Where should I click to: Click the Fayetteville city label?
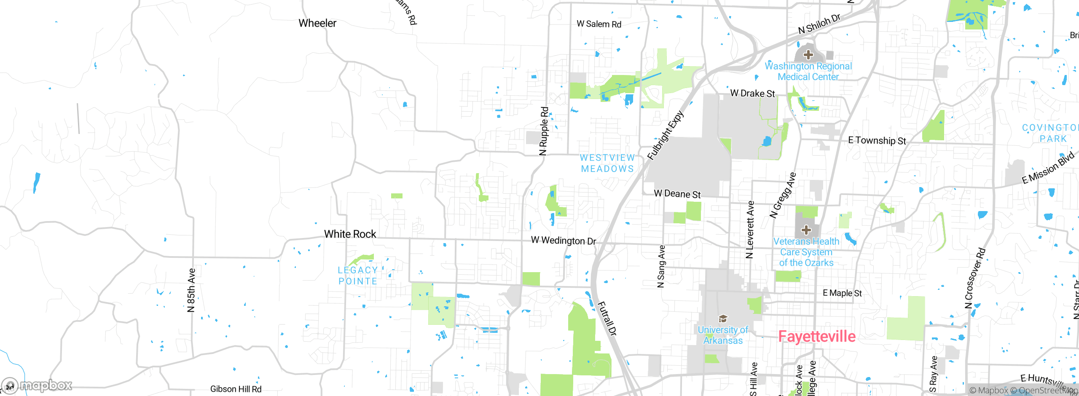tap(816, 336)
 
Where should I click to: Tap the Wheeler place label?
tap(317, 23)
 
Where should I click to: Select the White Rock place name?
tap(350, 234)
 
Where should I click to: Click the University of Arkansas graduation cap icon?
tap(723, 318)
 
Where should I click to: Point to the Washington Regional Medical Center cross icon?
tap(808, 55)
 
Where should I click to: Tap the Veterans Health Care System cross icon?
tap(806, 230)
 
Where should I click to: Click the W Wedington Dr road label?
tap(563, 241)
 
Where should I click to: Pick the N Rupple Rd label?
tap(544, 131)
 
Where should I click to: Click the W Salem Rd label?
tap(599, 24)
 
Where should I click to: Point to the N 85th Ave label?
tap(191, 290)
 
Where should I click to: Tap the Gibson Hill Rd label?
tap(236, 389)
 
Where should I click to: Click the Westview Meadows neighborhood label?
tap(607, 163)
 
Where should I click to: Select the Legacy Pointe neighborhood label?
tap(358, 276)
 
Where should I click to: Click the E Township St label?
tap(877, 141)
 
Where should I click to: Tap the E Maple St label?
tap(842, 293)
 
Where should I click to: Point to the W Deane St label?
tap(677, 194)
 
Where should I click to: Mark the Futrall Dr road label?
tap(607, 318)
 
